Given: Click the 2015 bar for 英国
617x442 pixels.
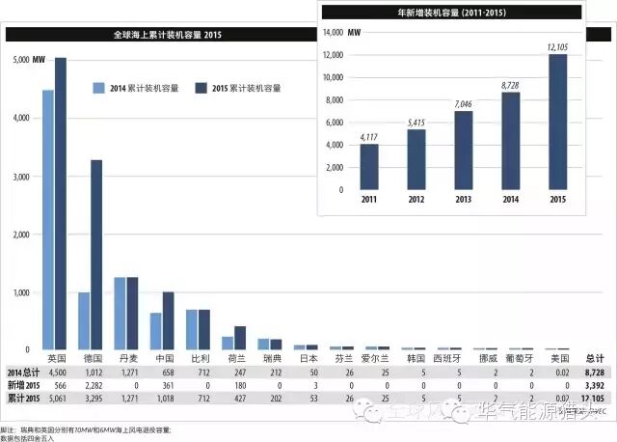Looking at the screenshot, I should point(61,203).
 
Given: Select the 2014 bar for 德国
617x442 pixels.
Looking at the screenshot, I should point(84,320).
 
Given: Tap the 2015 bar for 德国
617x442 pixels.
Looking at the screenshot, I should point(96,254).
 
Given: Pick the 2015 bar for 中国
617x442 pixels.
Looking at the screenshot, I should point(168,319).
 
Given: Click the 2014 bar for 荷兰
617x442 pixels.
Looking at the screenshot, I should point(228,343).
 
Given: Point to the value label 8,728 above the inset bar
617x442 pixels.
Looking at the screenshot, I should point(510,86).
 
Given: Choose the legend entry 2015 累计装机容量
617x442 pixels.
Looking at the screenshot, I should point(242,88).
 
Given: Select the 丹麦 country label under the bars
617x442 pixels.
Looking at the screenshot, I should point(120,357).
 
